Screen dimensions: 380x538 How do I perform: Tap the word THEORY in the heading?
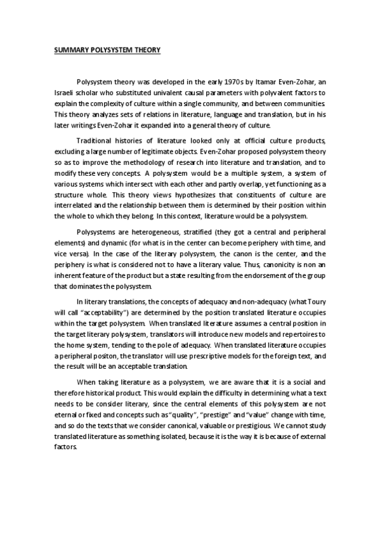click(x=145, y=49)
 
